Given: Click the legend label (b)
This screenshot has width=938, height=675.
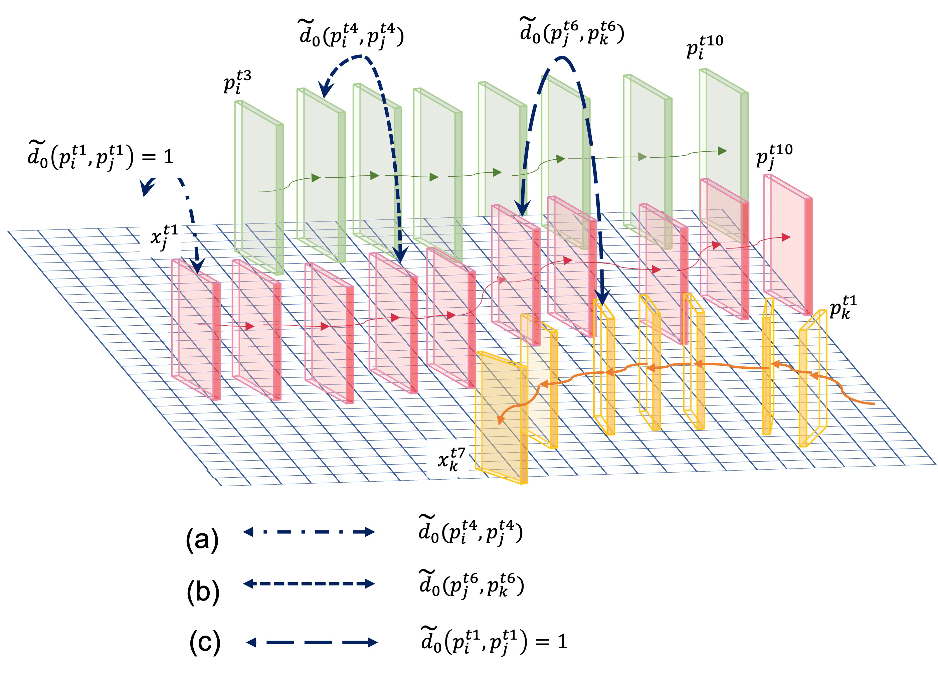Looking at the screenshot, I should (x=203, y=592).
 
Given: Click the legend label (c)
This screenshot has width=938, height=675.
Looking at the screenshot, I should (x=205, y=642).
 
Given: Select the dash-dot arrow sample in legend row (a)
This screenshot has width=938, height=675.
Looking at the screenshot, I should (x=309, y=532).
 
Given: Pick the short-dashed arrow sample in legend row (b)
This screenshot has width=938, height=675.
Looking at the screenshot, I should (x=309, y=583).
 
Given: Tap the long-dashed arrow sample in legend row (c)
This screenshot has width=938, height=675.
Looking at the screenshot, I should (x=312, y=642).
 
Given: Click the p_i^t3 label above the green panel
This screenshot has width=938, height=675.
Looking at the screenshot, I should (x=237, y=82).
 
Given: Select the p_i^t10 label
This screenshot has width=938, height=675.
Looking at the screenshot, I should (x=704, y=47).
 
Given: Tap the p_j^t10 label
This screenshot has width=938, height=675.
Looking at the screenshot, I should (x=774, y=156).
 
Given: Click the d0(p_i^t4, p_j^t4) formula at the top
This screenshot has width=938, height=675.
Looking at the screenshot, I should (x=351, y=34).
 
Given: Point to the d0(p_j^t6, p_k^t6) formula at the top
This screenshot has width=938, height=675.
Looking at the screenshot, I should (x=572, y=31).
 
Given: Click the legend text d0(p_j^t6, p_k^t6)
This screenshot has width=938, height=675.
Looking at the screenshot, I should (x=472, y=583).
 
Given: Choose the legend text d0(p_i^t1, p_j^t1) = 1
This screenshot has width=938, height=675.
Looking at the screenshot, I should (x=494, y=641).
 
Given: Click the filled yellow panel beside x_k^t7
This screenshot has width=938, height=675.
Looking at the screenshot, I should (x=501, y=416).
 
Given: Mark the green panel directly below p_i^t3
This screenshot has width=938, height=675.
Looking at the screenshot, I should (x=258, y=186).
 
